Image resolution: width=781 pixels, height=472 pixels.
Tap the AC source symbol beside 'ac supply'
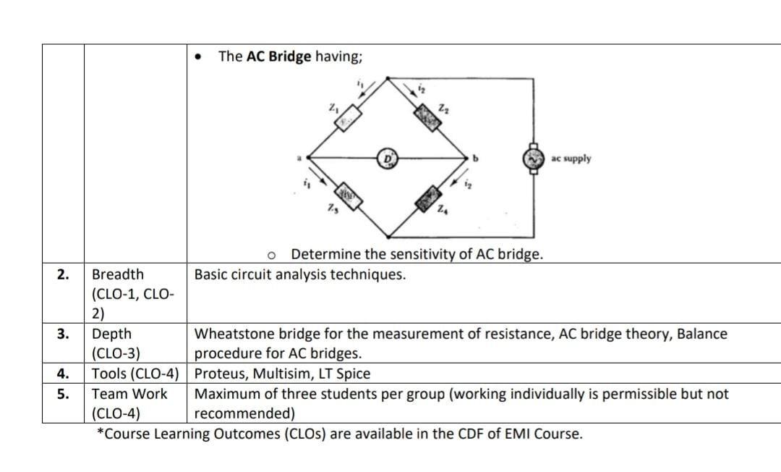[x=534, y=159]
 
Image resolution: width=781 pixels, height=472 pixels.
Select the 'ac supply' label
[x=571, y=159]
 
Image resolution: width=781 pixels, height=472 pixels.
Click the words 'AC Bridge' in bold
[x=279, y=56]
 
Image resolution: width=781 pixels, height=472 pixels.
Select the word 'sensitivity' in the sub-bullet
[x=427, y=254]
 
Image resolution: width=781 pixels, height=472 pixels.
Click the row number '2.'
[x=63, y=275]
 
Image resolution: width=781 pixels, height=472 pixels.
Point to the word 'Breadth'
[x=117, y=275]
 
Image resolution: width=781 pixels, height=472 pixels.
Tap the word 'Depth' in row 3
[x=112, y=334]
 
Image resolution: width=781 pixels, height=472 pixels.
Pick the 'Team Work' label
[x=129, y=395]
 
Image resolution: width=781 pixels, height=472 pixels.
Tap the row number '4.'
[x=63, y=374]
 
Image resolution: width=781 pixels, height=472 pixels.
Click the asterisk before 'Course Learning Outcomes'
[x=100, y=433]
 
